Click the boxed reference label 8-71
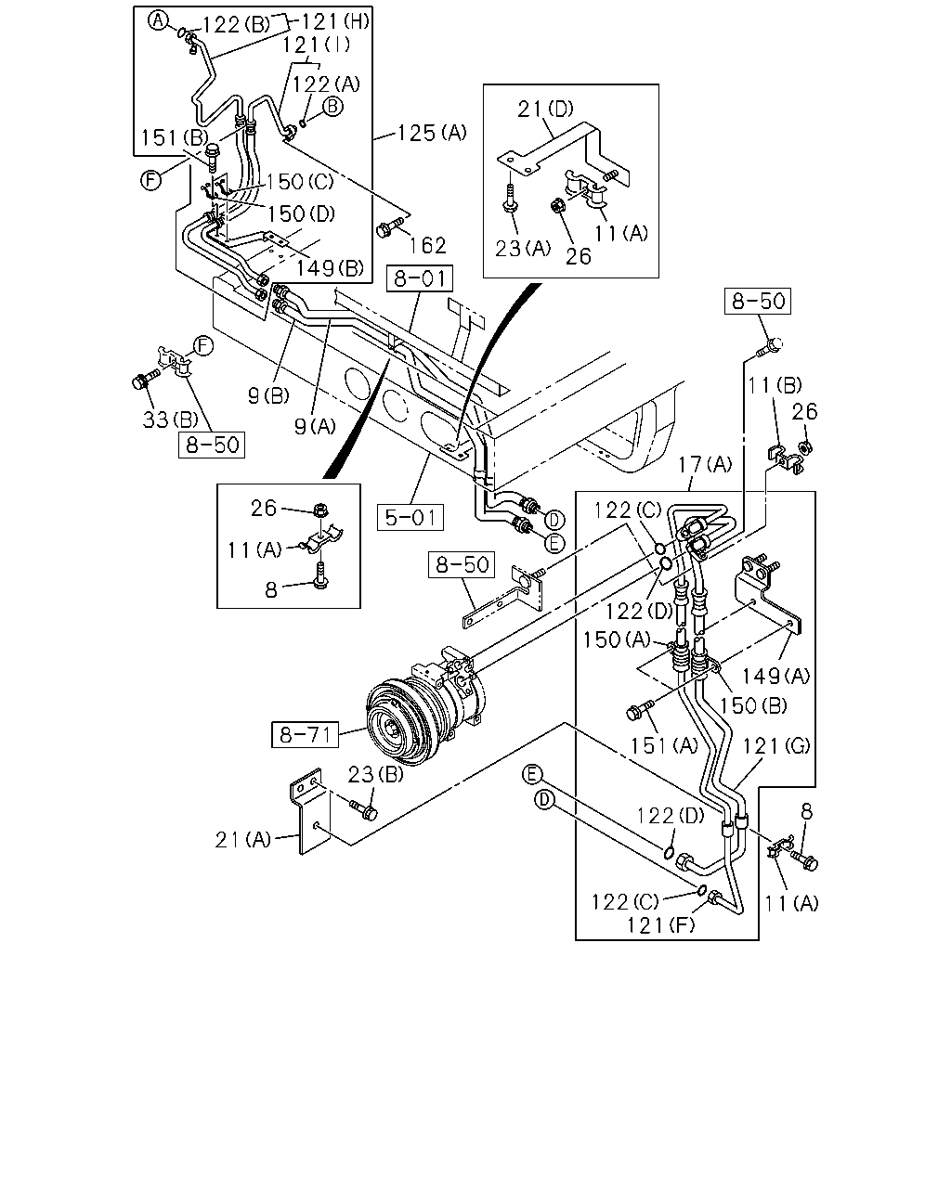[305, 734]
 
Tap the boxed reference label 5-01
[410, 517]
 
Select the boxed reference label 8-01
[420, 278]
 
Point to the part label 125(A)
[432, 133]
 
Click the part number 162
[428, 245]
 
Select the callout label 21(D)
[545, 109]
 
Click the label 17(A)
[705, 464]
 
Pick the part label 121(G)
[775, 746]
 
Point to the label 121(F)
[660, 924]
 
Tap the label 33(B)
[170, 420]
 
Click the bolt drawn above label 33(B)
[145, 380]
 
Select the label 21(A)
[243, 840]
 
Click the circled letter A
[158, 21]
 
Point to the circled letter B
[332, 106]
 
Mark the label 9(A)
[315, 426]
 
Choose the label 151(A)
[664, 746]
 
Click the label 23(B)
[376, 774]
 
